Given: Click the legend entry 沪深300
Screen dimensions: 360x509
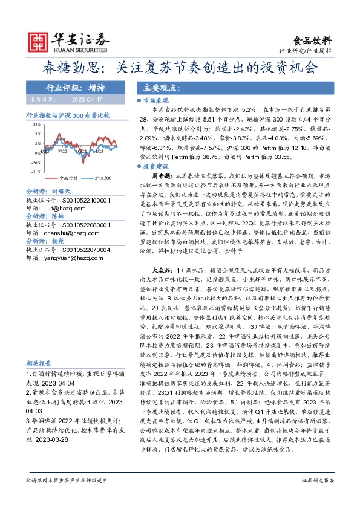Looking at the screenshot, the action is click(103, 178).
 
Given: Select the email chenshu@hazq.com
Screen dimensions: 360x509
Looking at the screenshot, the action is click(63, 232).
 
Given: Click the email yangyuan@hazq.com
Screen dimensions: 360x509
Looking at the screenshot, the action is click(65, 257).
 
